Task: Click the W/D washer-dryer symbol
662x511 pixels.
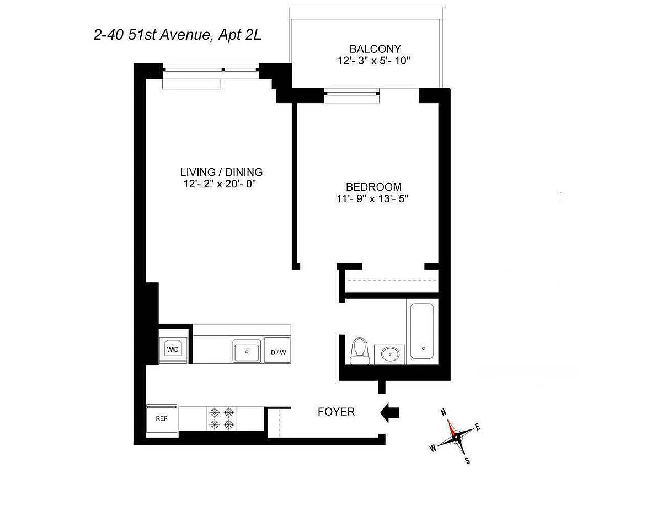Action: coord(173,349)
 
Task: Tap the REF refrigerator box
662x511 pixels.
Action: coord(162,420)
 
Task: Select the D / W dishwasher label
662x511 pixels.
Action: coord(278,352)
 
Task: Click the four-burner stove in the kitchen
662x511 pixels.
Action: coord(222,419)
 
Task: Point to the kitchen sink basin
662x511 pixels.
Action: coord(247,351)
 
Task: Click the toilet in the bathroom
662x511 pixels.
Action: coord(360,351)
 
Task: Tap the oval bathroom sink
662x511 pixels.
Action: coord(389,354)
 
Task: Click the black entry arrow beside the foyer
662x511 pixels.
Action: coord(389,413)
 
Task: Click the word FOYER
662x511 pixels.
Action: coord(336,412)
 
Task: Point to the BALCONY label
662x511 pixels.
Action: coord(375,49)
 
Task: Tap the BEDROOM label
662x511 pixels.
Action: coord(373,186)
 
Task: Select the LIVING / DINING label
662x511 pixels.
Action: coord(221,172)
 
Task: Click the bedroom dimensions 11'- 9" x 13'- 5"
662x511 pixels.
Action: coord(372,199)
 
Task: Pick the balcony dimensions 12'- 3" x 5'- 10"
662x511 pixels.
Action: coord(374,61)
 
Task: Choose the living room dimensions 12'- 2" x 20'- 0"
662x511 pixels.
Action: coord(219,184)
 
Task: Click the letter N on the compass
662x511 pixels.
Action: coord(444,412)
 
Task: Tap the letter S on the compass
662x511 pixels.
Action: coord(468,460)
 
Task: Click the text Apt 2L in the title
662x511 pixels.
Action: coord(240,35)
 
